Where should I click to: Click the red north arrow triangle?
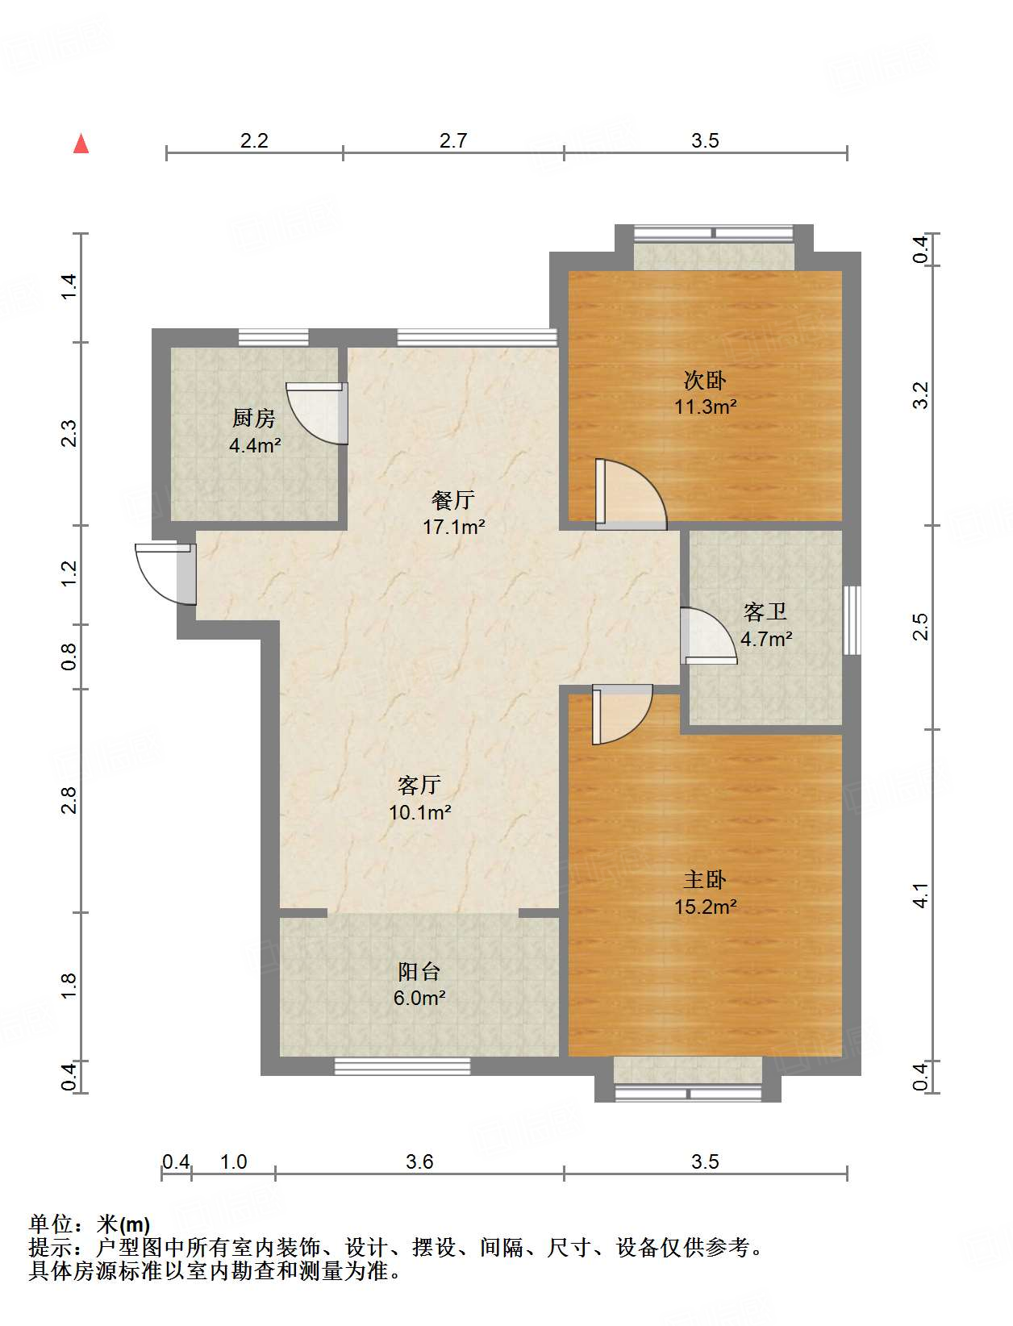(81, 144)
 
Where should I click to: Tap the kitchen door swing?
(316, 413)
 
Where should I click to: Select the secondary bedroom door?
(631, 494)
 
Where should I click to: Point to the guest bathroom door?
(709, 636)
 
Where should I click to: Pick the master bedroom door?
(622, 714)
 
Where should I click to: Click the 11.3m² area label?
(705, 407)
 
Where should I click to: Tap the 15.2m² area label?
(705, 907)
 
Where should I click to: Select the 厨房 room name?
(254, 418)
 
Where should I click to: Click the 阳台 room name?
(419, 971)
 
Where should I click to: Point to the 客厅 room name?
(419, 786)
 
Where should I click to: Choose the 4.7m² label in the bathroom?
(766, 639)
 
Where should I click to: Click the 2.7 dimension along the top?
(453, 141)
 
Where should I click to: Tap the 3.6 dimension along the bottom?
(419, 1161)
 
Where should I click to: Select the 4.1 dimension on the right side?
(920, 894)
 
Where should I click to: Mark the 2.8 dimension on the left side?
(69, 800)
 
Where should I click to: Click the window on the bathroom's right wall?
(852, 619)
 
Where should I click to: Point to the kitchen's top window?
(273, 337)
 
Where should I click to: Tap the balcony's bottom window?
(402, 1067)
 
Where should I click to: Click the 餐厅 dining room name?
(452, 500)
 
